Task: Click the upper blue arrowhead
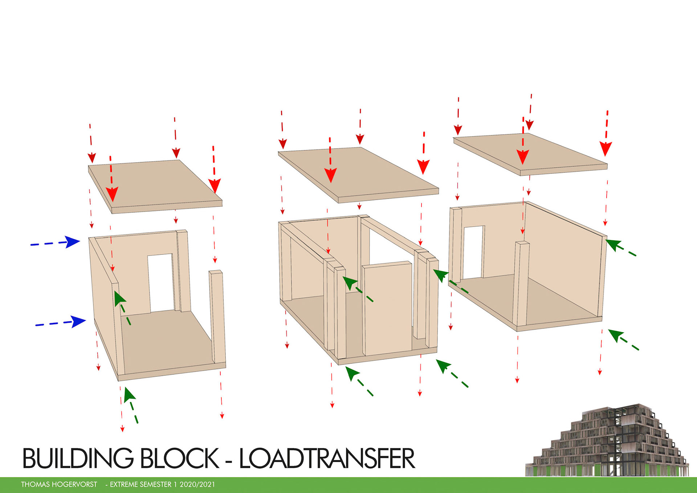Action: pos(74,242)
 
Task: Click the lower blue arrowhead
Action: pos(79,321)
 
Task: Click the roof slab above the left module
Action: pos(154,185)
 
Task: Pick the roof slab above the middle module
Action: pos(358,172)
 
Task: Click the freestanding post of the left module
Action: pos(217,316)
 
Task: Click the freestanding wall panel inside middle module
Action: pos(388,309)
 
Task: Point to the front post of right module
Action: pos(522,283)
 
